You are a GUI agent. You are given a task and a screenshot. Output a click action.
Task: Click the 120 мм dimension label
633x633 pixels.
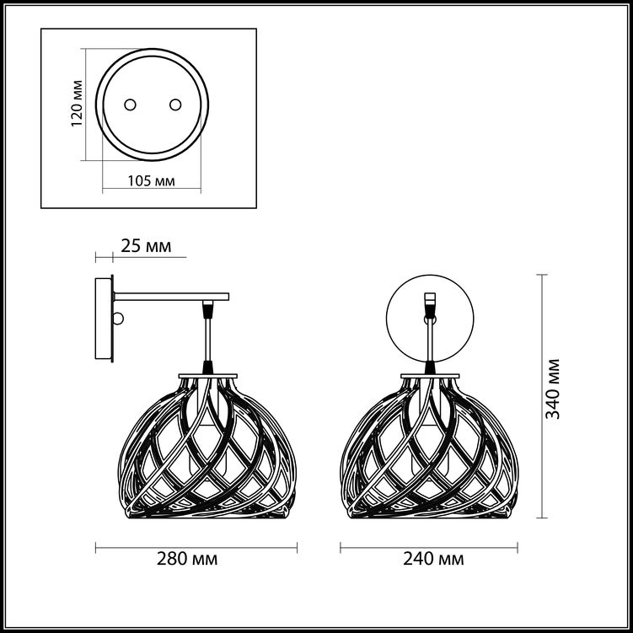(x=77, y=104)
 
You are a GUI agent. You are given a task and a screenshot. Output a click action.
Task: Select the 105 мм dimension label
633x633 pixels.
(x=152, y=181)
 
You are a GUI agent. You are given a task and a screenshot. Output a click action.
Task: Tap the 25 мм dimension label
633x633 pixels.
(x=146, y=246)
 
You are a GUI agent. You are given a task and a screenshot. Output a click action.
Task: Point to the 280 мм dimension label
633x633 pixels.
(x=187, y=559)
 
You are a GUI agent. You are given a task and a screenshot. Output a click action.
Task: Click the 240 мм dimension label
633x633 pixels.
(x=433, y=559)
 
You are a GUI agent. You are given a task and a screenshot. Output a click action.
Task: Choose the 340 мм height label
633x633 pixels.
(x=553, y=389)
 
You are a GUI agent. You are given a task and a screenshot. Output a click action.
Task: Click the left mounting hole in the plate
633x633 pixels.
(x=130, y=105)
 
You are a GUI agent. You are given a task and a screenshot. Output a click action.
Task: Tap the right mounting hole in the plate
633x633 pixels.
(x=175, y=105)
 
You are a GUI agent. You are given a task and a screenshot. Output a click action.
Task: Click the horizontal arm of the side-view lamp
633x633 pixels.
(x=172, y=297)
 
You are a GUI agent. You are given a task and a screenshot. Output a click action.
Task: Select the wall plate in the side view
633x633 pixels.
(x=103, y=318)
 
